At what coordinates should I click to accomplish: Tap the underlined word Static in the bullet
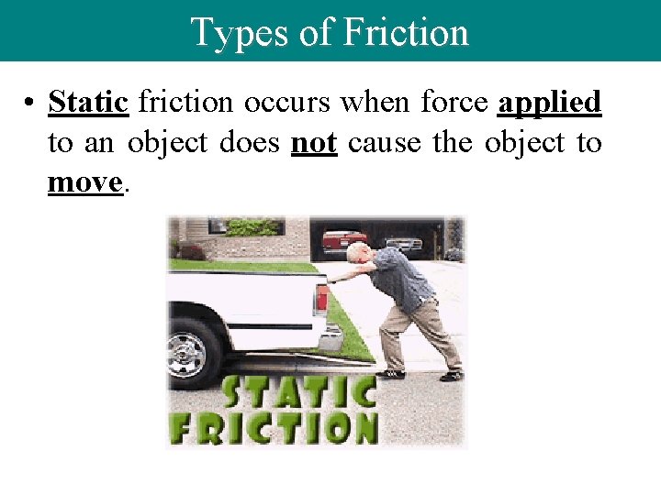(x=88, y=102)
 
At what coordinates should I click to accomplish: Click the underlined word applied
(x=549, y=102)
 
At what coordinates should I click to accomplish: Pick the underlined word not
(x=314, y=142)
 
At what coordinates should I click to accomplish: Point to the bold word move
(x=84, y=182)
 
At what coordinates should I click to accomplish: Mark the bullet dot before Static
(x=31, y=103)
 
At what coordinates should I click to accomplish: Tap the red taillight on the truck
(x=322, y=297)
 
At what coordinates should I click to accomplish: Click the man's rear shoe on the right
(x=452, y=375)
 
